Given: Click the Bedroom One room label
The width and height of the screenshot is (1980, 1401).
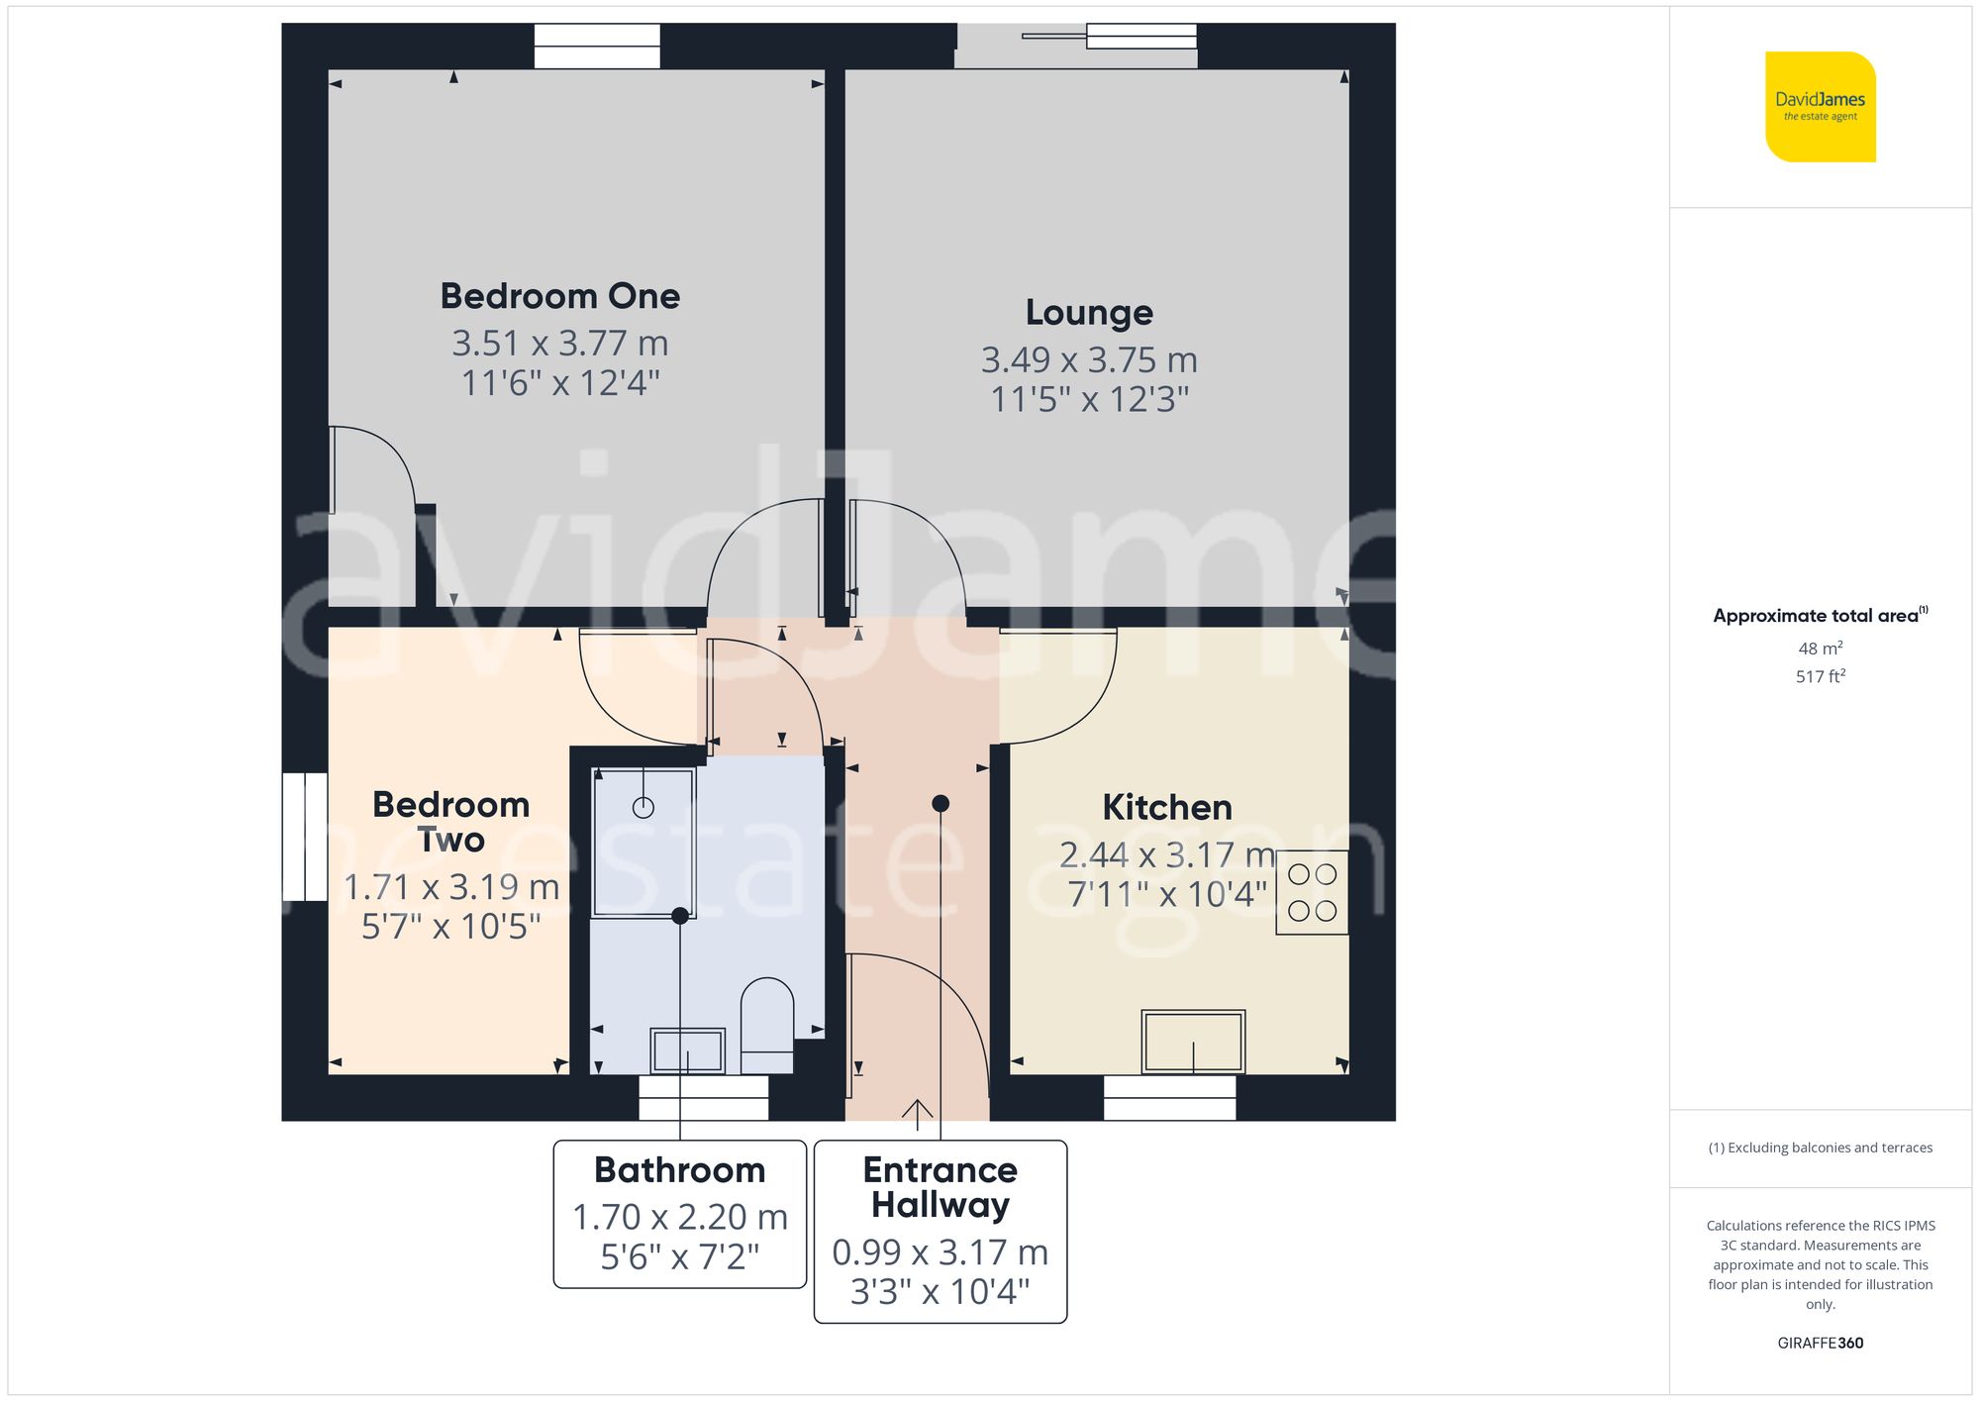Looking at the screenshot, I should [x=559, y=296].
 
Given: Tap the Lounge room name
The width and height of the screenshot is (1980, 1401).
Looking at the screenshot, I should [x=1089, y=313].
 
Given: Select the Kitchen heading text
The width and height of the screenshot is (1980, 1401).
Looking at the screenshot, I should [x=1167, y=808].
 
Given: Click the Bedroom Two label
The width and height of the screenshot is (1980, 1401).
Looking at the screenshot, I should [x=450, y=822].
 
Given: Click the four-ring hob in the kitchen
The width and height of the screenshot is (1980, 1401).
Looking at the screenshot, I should [x=1312, y=892].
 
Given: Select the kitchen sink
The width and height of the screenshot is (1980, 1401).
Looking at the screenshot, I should [x=1193, y=1042].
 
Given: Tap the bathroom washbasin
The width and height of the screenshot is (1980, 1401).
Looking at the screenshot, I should [x=687, y=1051].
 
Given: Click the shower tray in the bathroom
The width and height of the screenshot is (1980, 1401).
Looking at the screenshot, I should [x=643, y=843].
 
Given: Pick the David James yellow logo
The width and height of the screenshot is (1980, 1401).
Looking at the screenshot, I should [x=1820, y=107].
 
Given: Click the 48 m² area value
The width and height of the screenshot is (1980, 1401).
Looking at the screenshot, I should [x=1820, y=649].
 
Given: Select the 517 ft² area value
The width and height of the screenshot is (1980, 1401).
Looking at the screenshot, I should [x=1820, y=677].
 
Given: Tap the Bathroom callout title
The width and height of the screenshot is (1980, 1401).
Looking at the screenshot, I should [x=679, y=1170].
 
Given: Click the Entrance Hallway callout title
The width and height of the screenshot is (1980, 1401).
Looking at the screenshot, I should [x=940, y=1187].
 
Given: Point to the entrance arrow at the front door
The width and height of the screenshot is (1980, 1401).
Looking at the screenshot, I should [x=918, y=1114].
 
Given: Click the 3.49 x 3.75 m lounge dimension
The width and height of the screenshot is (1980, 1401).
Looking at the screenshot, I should [x=1089, y=360].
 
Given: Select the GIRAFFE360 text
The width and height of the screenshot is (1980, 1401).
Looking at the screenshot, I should [x=1820, y=1344].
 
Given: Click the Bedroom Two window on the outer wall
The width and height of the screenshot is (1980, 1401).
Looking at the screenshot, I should [x=305, y=837].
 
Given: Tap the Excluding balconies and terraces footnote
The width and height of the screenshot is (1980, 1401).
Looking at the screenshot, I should [x=1820, y=1148].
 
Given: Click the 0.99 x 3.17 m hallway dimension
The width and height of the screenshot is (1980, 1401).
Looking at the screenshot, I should [x=940, y=1252].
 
